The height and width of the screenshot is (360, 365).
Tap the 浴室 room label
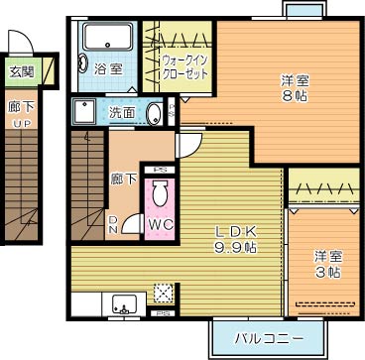click(108, 69)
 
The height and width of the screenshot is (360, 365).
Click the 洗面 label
click(122, 112)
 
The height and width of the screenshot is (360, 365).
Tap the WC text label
click(160, 225)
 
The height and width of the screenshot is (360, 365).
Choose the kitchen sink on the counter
click(124, 301)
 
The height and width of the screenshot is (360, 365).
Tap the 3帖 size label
click(323, 271)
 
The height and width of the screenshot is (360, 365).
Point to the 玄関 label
click(21, 71)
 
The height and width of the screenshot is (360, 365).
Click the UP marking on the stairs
click(21, 123)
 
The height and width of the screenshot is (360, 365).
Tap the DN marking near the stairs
click(114, 225)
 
